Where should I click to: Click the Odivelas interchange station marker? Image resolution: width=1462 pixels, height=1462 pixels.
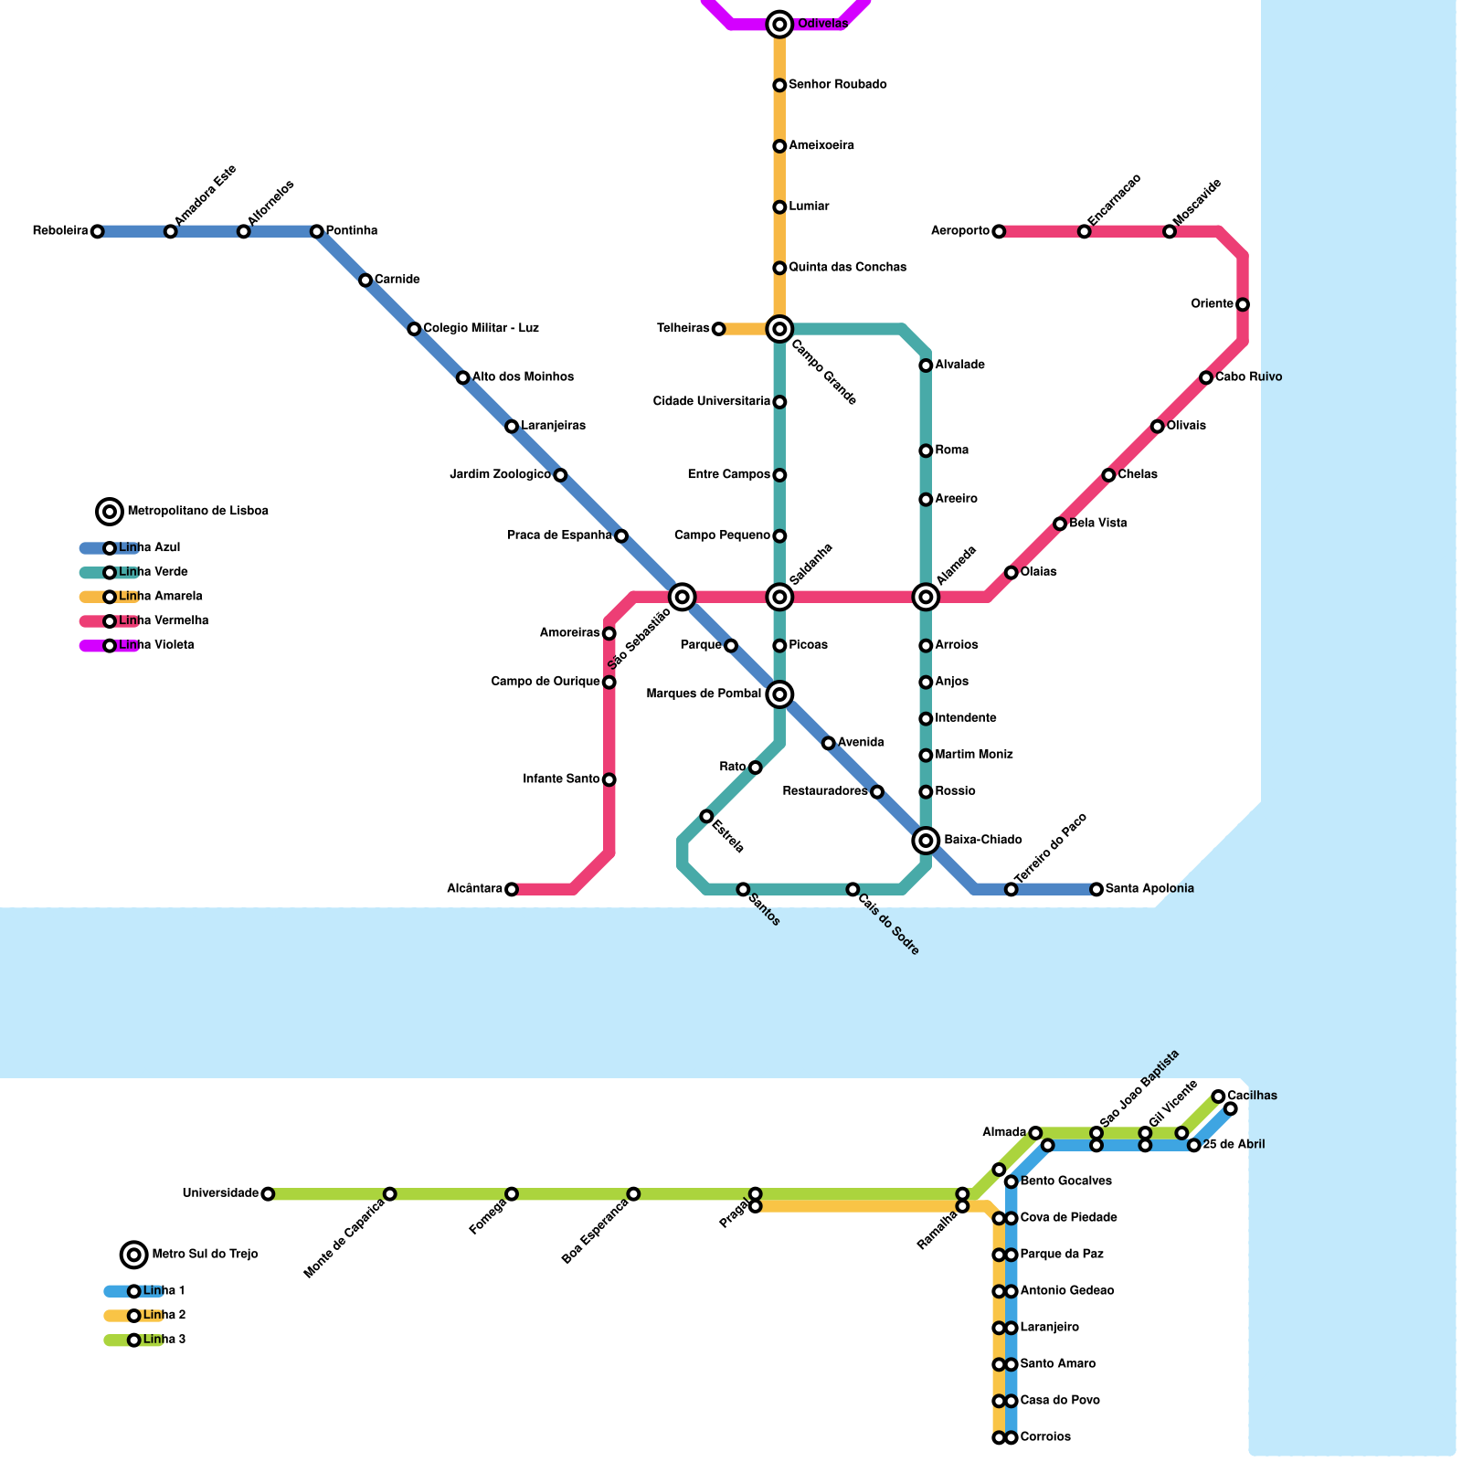tap(779, 25)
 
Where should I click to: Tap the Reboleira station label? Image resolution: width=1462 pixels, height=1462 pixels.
tap(60, 231)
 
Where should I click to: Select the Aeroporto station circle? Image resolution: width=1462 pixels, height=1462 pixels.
tap(999, 231)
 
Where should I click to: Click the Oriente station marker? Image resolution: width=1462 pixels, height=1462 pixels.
tap(1243, 304)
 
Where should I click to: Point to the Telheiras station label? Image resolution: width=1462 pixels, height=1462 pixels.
tap(683, 329)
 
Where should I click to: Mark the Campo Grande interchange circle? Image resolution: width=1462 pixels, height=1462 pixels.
tap(779, 329)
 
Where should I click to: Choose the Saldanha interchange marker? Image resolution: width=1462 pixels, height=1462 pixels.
tap(779, 597)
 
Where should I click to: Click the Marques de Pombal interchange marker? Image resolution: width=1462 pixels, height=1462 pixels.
tap(779, 694)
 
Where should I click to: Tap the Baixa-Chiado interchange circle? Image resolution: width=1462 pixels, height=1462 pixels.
tap(926, 841)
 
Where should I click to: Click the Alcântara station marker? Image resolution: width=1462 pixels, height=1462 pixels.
tap(512, 889)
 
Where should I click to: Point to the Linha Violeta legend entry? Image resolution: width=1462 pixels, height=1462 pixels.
tap(156, 645)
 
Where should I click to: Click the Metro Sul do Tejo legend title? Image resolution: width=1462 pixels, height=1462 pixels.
tap(205, 1255)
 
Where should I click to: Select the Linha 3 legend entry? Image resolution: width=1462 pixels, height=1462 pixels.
tap(164, 1340)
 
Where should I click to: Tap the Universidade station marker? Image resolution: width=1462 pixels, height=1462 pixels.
tap(268, 1193)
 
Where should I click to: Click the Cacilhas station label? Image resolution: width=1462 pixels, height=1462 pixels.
tap(1253, 1096)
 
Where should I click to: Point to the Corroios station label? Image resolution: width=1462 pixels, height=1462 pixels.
tap(1045, 1437)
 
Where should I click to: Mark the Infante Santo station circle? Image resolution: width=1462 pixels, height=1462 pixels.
tap(609, 779)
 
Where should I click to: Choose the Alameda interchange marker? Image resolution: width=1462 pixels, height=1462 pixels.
tap(926, 597)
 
